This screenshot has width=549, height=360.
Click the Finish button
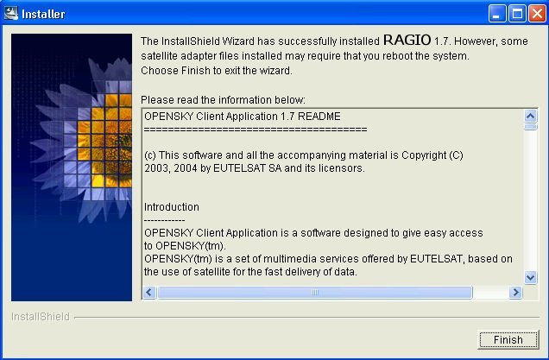pos(508,339)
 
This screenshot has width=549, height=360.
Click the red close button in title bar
pos(537,14)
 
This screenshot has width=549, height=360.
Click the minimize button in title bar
pos(497,14)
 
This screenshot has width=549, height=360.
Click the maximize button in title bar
pos(517,14)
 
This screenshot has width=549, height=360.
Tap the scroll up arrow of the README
pos(531,116)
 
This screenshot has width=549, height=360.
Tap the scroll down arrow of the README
pos(531,278)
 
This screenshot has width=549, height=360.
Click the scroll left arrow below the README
pos(149,292)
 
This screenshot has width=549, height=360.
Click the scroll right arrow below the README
pos(515,292)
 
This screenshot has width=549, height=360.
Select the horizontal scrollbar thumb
pos(315,292)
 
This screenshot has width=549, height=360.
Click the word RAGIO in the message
pos(407,40)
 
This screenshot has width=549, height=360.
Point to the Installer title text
pos(43,14)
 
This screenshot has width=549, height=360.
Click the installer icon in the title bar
pos(11,14)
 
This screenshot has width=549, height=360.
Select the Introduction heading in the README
pos(172,207)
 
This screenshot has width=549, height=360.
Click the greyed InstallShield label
pos(41,317)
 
